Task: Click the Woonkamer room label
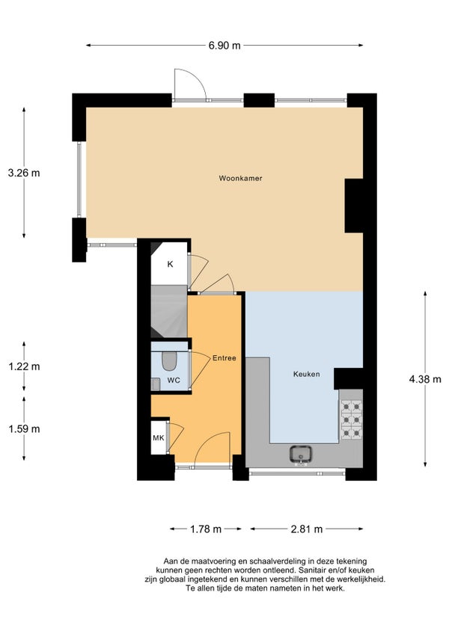pos(240,178)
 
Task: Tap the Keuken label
pos(307,374)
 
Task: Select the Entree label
pos(224,358)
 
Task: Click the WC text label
pos(174,381)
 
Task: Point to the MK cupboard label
pos(159,437)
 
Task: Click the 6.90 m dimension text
pos(224,46)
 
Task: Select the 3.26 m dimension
pos(24,173)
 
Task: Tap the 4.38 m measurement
pos(425,379)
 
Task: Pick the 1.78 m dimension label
pos(206,529)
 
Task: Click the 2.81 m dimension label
pos(307,529)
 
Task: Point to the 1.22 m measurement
pos(24,367)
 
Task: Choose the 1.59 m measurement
pos(24,428)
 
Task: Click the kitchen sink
pos(300,454)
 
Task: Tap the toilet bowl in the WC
pos(169,360)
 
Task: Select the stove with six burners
pos(351,419)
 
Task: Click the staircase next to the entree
pos(169,311)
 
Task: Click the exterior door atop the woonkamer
pos(190,84)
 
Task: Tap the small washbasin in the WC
pos(156,384)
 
